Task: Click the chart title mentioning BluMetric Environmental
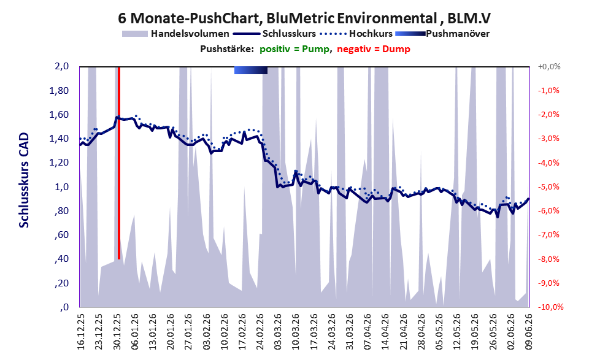pos(304,18)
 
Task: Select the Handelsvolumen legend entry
pos(175,34)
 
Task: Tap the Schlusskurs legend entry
pos(274,34)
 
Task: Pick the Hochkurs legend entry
pos(356,34)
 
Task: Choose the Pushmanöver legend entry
pos(442,34)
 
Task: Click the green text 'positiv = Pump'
pos(294,49)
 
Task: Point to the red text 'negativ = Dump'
pos(374,49)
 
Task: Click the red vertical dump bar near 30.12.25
pos(119,163)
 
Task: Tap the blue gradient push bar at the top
pos(251,70)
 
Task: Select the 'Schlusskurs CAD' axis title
pos(24,180)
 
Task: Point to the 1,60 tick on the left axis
pos(60,115)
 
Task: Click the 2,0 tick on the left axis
pos(61,66)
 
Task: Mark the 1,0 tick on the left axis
pos(61,187)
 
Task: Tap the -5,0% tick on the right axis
pos(548,187)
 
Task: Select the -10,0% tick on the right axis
pos(550,307)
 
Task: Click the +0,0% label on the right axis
pos(549,67)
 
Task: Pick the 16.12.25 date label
pos(81,332)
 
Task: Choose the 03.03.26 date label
pos(278,332)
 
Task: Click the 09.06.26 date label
pos(528,332)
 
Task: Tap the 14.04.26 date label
pos(385,332)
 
